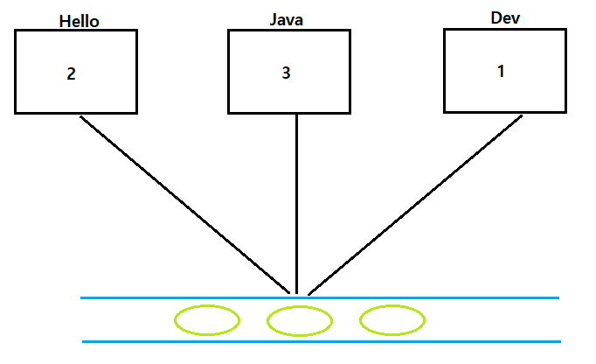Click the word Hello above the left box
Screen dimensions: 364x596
tap(79, 21)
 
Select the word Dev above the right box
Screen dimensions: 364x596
tap(504, 17)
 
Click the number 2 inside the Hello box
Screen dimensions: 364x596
tap(72, 73)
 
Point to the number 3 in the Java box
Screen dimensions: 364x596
tap(286, 73)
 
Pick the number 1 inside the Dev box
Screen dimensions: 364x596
tap(501, 72)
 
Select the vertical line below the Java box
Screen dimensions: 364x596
tap(297, 201)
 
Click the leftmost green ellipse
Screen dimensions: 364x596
tap(207, 320)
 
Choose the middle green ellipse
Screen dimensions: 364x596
tap(300, 321)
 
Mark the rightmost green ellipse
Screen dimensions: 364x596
tap(392, 320)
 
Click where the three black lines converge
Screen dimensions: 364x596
tap(297, 293)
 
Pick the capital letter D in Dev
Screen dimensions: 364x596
tap(496, 17)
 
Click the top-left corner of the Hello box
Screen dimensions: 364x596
tap(15, 30)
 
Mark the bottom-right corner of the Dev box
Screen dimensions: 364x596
tap(555, 112)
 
